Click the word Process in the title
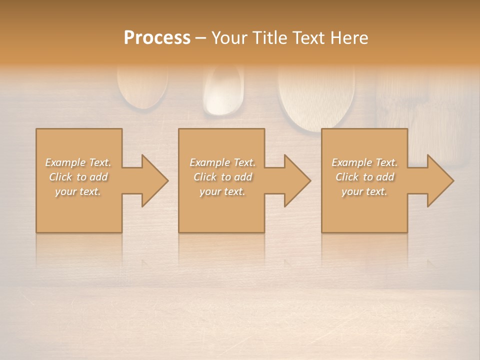157,38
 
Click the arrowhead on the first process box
152,180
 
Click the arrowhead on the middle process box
295,180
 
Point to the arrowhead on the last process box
438,180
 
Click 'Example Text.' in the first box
78,162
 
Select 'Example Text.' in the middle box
222,162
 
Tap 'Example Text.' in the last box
364,162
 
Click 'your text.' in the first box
78,191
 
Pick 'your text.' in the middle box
222,191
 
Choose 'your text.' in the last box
364,191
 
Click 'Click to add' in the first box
78,177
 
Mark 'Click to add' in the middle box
222,177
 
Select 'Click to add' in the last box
364,177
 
